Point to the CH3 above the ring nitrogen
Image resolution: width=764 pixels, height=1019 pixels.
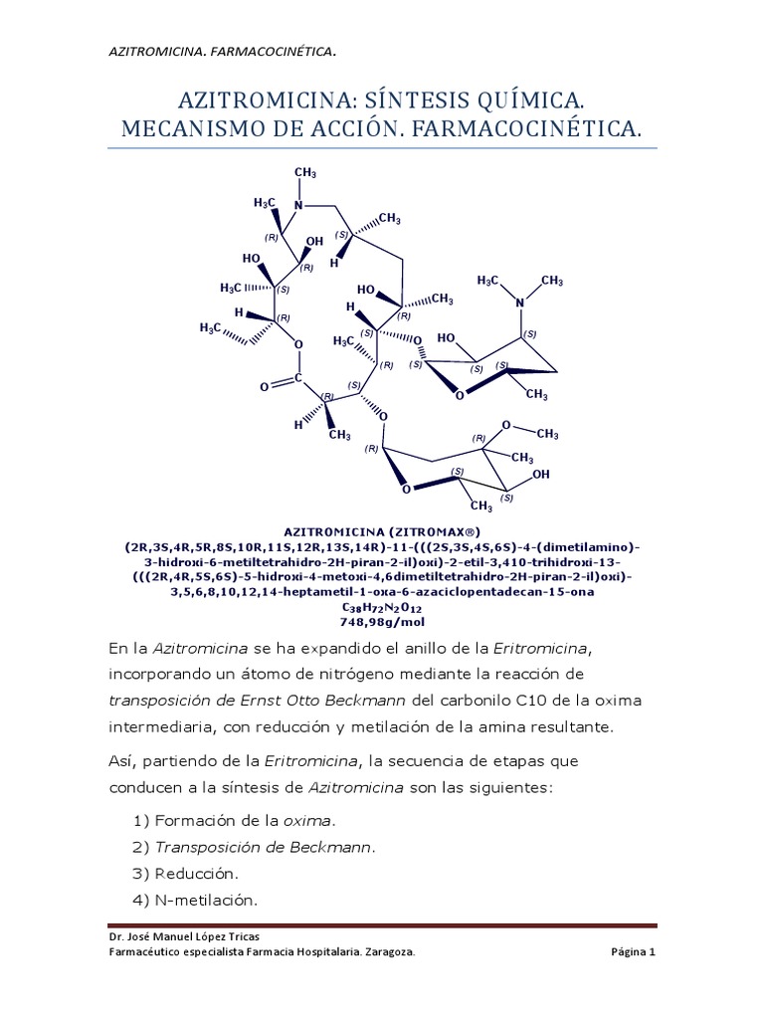[304, 174]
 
